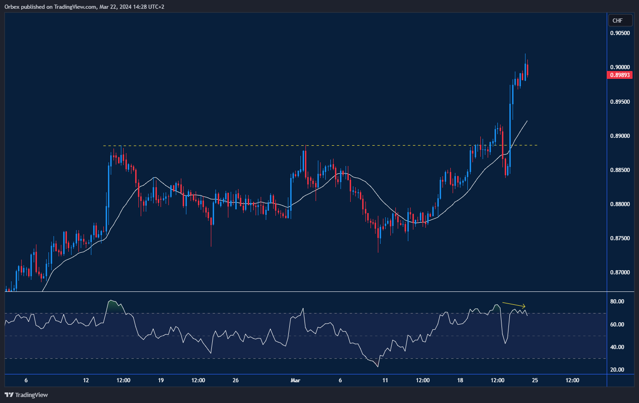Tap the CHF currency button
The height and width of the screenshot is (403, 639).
pyautogui.click(x=617, y=20)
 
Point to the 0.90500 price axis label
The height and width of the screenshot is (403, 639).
pyautogui.click(x=620, y=33)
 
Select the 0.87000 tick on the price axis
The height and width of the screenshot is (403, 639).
pyautogui.click(x=620, y=273)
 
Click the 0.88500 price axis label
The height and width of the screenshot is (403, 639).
pyautogui.click(x=620, y=170)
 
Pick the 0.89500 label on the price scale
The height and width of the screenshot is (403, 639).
pyautogui.click(x=620, y=101)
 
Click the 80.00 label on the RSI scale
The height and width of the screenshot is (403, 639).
pyautogui.click(x=617, y=302)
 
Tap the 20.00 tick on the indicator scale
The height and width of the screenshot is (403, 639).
pyautogui.click(x=617, y=370)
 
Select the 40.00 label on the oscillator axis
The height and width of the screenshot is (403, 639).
pyautogui.click(x=617, y=347)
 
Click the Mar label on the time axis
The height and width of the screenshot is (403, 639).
pyautogui.click(x=295, y=380)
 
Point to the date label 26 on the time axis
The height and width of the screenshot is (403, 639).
pyautogui.click(x=236, y=380)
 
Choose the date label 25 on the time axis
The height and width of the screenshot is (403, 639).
pyautogui.click(x=535, y=380)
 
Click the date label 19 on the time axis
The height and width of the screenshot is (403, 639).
pyautogui.click(x=161, y=380)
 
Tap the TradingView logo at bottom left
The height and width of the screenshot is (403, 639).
pyautogui.click(x=26, y=395)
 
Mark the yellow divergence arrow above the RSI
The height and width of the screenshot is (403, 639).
pyautogui.click(x=514, y=305)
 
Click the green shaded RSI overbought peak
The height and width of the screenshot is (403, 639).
pyautogui.click(x=112, y=306)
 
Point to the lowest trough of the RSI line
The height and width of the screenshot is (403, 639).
pyautogui.click(x=378, y=367)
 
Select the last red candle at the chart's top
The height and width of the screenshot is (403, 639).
pyautogui.click(x=527, y=70)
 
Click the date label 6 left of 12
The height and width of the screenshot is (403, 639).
pyautogui.click(x=26, y=380)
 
